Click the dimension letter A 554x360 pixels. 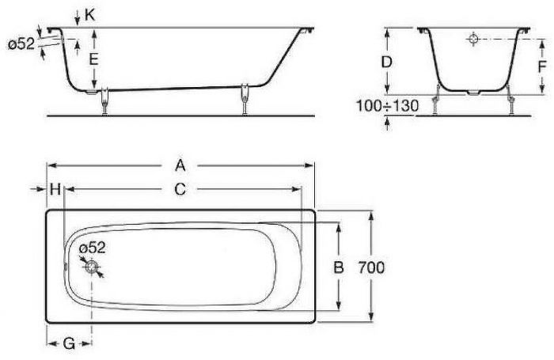[x=180, y=165]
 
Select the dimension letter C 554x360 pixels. [x=180, y=189]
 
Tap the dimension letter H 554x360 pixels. [x=55, y=189]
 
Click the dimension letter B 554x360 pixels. [x=337, y=267]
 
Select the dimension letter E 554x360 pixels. [x=93, y=60]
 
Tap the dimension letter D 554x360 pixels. [x=387, y=61]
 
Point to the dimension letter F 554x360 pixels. [x=541, y=66]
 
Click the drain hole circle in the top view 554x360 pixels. [x=93, y=268]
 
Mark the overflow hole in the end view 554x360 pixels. [x=472, y=38]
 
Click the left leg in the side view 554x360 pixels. [x=103, y=101]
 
